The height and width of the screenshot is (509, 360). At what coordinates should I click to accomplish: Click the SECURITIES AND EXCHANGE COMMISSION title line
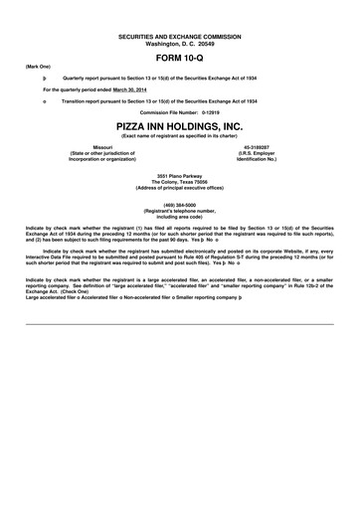click(x=179, y=35)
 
